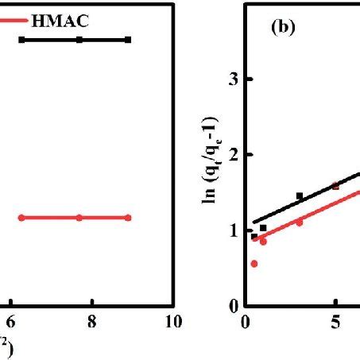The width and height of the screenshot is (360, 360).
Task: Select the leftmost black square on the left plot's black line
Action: [21, 39]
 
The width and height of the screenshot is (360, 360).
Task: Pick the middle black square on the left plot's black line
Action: [79, 39]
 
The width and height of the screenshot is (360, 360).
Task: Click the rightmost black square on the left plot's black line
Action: [128, 39]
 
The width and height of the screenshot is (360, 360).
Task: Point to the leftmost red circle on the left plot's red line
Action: [21, 218]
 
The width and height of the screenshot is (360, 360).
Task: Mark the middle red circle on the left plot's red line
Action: [79, 218]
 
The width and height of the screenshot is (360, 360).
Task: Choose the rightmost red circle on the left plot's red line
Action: [128, 218]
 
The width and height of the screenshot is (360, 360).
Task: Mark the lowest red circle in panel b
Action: [254, 263]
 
